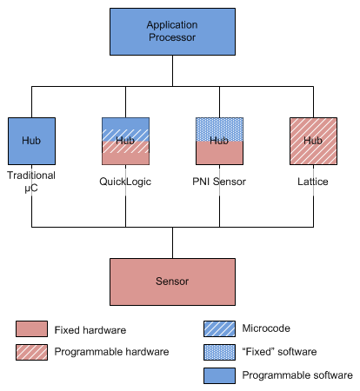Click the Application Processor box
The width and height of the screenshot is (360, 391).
pyautogui.click(x=171, y=31)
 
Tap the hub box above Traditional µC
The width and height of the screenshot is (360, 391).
pyautogui.click(x=31, y=141)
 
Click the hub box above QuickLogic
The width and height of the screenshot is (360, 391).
pyautogui.click(x=125, y=141)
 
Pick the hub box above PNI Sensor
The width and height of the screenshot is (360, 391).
pyautogui.click(x=218, y=141)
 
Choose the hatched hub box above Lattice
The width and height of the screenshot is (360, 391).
pyautogui.click(x=312, y=141)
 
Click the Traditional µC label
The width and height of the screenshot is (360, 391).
pyautogui.click(x=31, y=182)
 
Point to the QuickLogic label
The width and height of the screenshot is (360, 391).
pyautogui.click(x=125, y=181)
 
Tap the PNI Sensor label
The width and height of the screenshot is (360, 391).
pyautogui.click(x=218, y=181)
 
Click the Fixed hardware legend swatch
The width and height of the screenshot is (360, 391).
pyautogui.click(x=31, y=330)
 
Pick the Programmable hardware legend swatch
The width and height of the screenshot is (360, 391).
pyautogui.click(x=31, y=352)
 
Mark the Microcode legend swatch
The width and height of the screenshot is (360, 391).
pyautogui.click(x=219, y=330)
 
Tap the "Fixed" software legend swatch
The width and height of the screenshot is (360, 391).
pyautogui.click(x=219, y=353)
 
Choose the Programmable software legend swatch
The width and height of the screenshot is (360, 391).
pyautogui.click(x=219, y=375)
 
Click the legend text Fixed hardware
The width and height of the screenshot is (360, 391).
pyautogui.click(x=90, y=330)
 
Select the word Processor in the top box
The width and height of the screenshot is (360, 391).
pyautogui.click(x=171, y=38)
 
